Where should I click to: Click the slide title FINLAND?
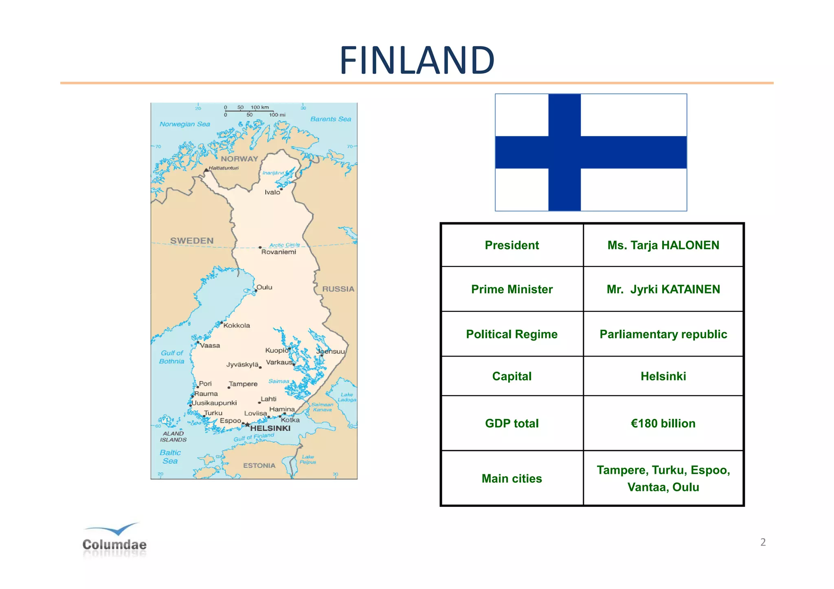tap(417, 60)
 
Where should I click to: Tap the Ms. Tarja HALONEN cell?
tap(663, 245)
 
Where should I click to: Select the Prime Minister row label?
tap(511, 289)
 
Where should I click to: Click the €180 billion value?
tap(663, 423)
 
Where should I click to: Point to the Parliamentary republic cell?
tap(663, 334)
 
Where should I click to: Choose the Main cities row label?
tap(511, 478)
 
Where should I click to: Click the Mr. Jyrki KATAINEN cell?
tap(663, 289)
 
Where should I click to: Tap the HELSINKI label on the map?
tap(270, 428)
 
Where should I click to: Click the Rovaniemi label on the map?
tap(279, 252)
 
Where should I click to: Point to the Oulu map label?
tap(264, 287)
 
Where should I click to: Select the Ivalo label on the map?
tap(272, 192)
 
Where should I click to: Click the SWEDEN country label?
tap(192, 241)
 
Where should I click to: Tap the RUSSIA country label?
tap(338, 289)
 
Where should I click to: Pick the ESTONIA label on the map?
tap(259, 465)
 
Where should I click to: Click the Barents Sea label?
tap(330, 119)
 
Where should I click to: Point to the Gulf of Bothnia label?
tap(172, 357)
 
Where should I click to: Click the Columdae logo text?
tap(114, 544)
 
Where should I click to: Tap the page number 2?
tap(763, 542)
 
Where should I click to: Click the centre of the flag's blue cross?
tap(564, 152)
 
